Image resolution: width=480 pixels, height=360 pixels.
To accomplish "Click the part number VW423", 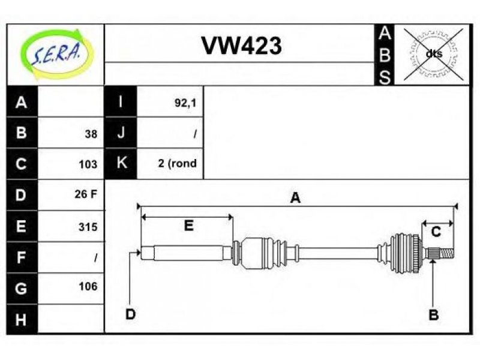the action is click(241, 46).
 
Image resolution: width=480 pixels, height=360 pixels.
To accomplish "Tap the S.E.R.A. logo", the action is click(57, 55).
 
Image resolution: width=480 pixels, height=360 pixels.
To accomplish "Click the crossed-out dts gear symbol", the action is click(433, 54).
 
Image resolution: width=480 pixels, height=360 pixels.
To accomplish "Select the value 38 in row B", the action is click(91, 134).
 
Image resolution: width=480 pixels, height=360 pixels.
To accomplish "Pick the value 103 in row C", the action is click(88, 164).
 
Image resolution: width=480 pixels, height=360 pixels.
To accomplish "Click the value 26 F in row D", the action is click(86, 194).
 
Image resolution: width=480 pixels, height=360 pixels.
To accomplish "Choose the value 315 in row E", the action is click(88, 227).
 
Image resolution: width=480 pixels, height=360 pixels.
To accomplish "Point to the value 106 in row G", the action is click(88, 287).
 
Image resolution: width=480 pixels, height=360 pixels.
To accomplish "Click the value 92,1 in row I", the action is click(185, 103).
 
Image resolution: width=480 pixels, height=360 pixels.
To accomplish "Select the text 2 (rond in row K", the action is click(177, 163).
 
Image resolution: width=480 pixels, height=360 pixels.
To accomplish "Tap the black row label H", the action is click(22, 319).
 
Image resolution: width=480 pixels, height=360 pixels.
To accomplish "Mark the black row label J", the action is click(121, 133).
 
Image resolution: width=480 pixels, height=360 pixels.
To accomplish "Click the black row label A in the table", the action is click(22, 101).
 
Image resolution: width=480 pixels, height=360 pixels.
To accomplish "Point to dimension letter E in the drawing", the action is click(188, 226).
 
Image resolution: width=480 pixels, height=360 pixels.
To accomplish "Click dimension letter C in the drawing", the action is click(436, 232).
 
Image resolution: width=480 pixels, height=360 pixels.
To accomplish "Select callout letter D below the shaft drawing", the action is click(130, 314).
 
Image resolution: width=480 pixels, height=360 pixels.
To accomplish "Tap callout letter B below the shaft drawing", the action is click(433, 314).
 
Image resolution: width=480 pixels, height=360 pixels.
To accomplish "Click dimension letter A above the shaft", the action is click(295, 198).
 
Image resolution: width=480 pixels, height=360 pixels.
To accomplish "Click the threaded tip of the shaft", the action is click(447, 253).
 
